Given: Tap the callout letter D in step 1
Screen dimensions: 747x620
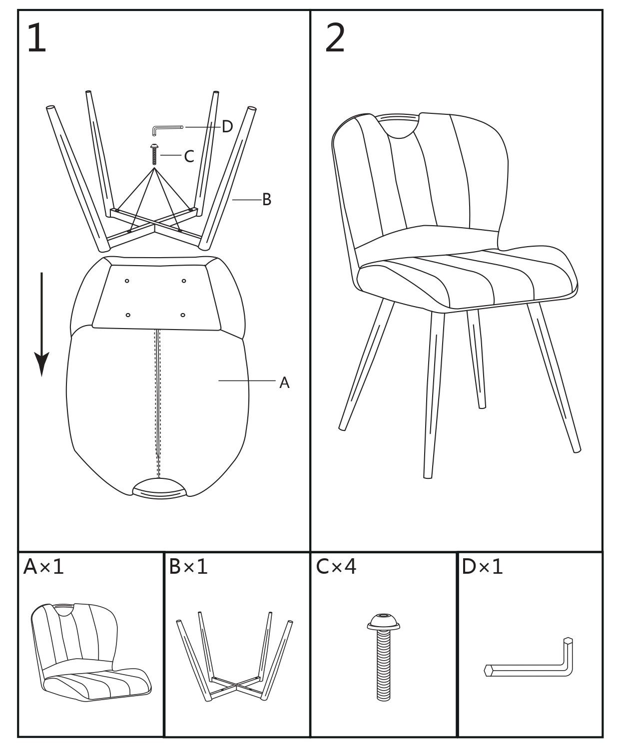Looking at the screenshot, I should [227, 127].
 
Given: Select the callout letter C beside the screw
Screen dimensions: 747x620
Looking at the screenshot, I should [189, 157].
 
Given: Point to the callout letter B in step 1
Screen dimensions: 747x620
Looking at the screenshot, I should [267, 200].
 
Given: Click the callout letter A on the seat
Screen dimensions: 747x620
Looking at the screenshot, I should [284, 383].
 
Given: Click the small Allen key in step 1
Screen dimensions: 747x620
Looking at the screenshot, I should [166, 129].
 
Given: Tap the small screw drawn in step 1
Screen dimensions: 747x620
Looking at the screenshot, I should [154, 154].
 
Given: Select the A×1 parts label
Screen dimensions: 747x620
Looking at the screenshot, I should [44, 567].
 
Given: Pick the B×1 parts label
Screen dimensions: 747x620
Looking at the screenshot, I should [188, 567].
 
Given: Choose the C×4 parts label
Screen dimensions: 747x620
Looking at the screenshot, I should [336, 567].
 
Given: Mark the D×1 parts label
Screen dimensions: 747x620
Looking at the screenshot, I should [483, 567].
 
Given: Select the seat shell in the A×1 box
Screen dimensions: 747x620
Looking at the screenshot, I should [90, 649].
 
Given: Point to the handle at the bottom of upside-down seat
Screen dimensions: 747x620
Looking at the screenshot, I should [159, 488].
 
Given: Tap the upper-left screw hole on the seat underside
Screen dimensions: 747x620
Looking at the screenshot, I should [127, 281].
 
